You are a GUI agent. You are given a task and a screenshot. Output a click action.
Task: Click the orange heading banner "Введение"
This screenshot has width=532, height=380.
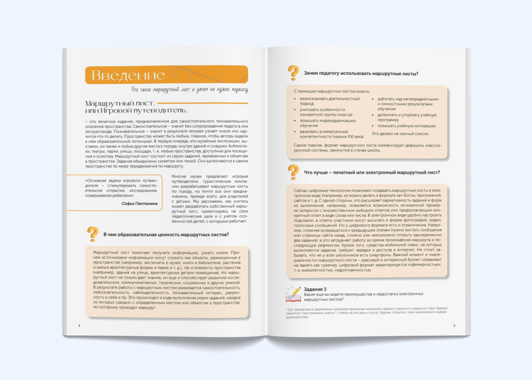click(x=166, y=75)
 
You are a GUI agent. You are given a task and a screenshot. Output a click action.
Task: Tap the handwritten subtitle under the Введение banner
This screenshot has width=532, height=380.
click(x=189, y=90)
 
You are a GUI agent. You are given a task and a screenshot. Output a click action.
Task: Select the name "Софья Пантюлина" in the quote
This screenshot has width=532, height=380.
click(x=139, y=204)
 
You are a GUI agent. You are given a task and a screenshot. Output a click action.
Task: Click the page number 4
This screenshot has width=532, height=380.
click(x=79, y=326)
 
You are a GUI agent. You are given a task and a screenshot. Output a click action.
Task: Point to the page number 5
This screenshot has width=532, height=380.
click(x=454, y=326)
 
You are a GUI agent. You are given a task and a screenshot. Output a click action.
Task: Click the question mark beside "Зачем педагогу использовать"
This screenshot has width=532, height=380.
click(x=293, y=73)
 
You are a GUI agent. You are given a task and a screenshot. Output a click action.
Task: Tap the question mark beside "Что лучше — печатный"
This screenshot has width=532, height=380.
click(x=293, y=172)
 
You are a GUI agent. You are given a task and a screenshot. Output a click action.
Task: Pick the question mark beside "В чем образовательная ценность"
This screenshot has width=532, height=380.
click(x=93, y=234)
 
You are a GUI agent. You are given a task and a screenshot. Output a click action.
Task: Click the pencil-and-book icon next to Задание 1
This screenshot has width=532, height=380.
click(x=293, y=294)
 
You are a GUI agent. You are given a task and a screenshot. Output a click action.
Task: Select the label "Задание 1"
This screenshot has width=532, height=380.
click(x=315, y=289)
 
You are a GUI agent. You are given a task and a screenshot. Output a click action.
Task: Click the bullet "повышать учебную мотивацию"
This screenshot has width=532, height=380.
click(x=406, y=126)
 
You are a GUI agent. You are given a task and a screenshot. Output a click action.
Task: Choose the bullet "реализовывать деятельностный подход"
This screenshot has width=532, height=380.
click(x=329, y=101)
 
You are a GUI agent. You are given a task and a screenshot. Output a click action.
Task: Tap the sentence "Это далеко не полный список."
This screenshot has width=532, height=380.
click(x=400, y=134)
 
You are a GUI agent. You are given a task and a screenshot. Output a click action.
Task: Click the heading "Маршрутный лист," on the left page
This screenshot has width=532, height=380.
click(x=120, y=103)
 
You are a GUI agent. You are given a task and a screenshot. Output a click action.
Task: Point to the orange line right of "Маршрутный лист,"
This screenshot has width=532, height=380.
click(x=203, y=103)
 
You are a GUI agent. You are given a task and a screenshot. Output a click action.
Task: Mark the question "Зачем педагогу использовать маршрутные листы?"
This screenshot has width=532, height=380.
click(x=361, y=74)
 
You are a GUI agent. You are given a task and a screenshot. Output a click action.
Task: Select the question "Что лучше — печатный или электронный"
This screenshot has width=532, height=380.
click(x=372, y=172)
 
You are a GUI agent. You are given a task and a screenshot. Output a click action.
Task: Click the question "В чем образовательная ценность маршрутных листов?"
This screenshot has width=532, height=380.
click(x=166, y=235)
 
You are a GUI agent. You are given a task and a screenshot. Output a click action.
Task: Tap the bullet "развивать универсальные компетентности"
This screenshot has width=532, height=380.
click(x=331, y=134)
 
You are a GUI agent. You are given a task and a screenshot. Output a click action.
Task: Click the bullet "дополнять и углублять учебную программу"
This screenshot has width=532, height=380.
click(x=407, y=117)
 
